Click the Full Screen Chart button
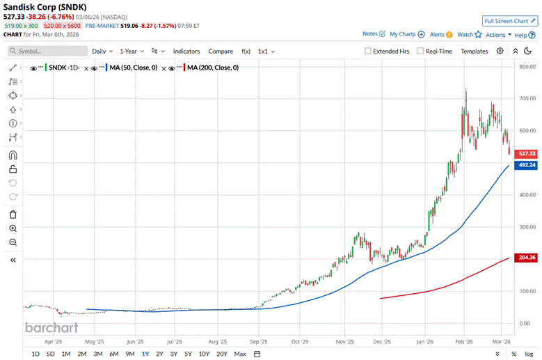click(510, 22)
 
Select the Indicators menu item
click(186, 51)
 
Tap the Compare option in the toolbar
click(221, 51)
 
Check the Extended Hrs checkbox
click(369, 51)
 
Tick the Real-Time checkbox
click(421, 51)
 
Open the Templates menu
click(474, 51)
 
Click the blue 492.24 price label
click(527, 165)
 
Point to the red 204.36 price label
click(527, 257)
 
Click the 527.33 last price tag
click(527, 153)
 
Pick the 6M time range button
click(113, 354)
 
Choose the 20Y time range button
click(221, 354)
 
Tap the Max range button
click(240, 354)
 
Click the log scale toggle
click(529, 354)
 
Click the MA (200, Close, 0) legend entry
click(212, 68)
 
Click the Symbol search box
click(47, 51)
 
